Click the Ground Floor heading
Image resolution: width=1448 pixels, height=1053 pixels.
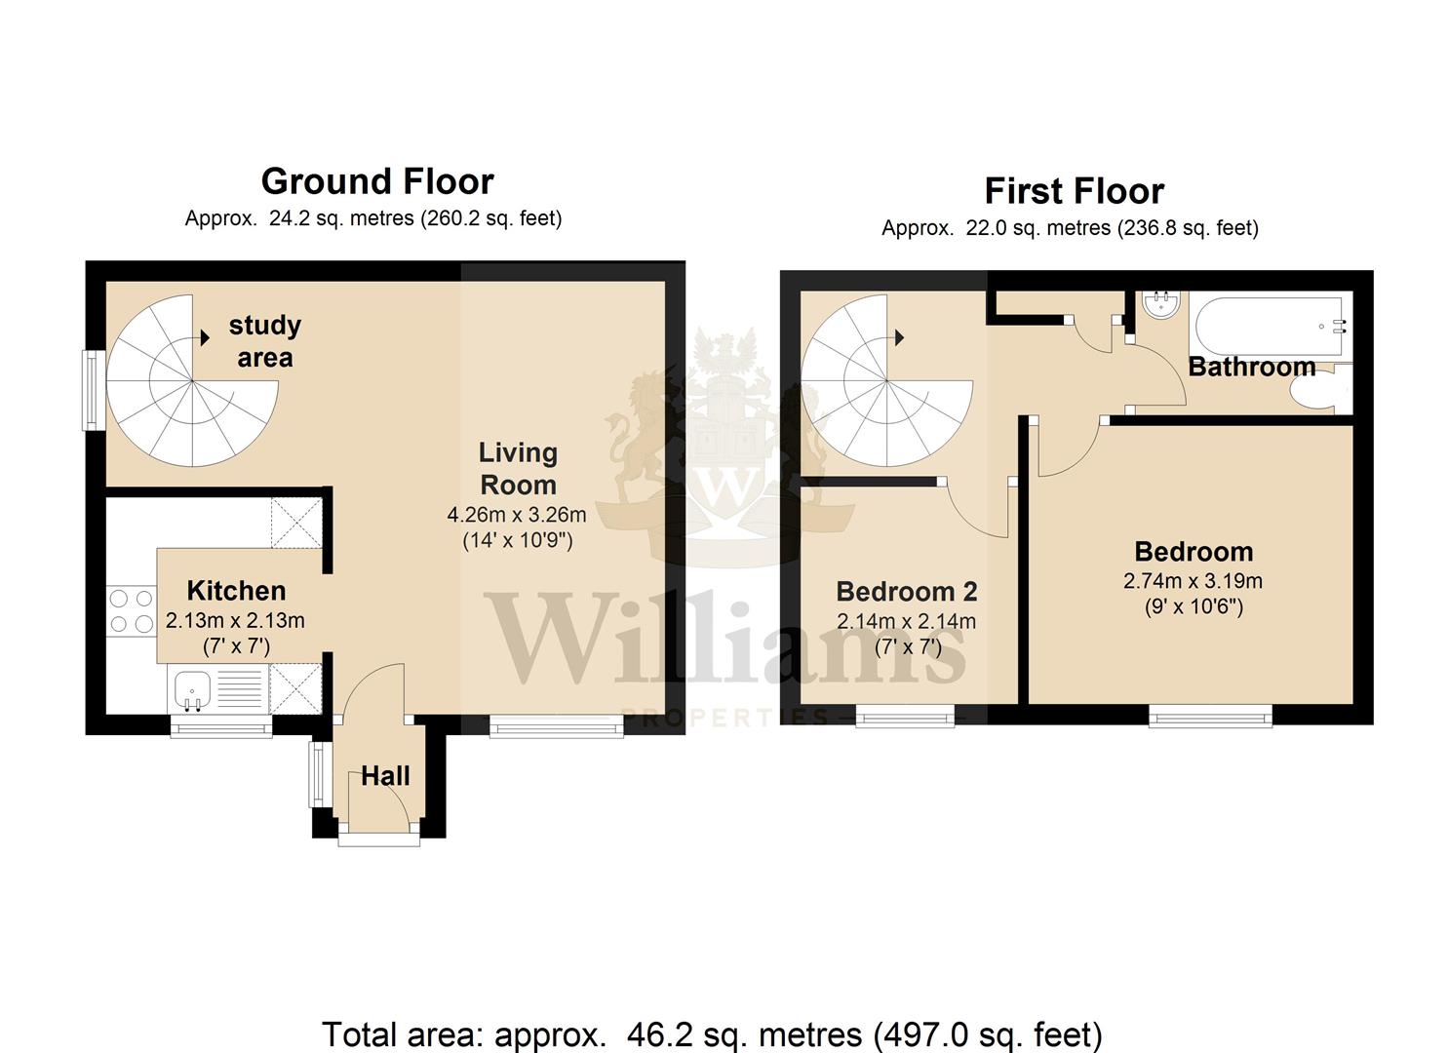pyautogui.click(x=377, y=181)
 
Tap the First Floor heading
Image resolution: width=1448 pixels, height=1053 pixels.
pyautogui.click(x=1075, y=191)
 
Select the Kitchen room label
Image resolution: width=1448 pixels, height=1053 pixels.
pyautogui.click(x=236, y=591)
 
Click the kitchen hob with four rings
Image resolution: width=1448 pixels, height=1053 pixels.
pyautogui.click(x=132, y=611)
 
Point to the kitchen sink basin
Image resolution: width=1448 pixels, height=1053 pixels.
pyautogui.click(x=192, y=689)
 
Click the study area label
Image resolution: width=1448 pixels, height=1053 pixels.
pyautogui.click(x=265, y=341)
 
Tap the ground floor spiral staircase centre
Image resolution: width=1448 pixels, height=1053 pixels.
pyautogui.click(x=193, y=381)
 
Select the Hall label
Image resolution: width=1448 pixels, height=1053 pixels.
pyautogui.click(x=385, y=776)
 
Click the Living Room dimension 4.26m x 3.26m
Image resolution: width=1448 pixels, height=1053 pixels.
pyautogui.click(x=517, y=515)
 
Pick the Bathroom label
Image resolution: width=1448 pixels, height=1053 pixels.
pyautogui.click(x=1252, y=367)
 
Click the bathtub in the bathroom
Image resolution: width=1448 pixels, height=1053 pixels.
pyautogui.click(x=1270, y=327)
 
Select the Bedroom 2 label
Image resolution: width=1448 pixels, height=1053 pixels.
pyautogui.click(x=906, y=592)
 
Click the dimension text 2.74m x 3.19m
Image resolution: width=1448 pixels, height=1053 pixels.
pyautogui.click(x=1193, y=581)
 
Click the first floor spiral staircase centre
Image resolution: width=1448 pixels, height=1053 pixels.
pyautogui.click(x=887, y=381)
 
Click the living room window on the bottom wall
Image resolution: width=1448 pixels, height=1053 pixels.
pyautogui.click(x=557, y=726)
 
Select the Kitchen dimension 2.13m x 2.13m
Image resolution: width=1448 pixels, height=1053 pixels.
pyautogui.click(x=235, y=620)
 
